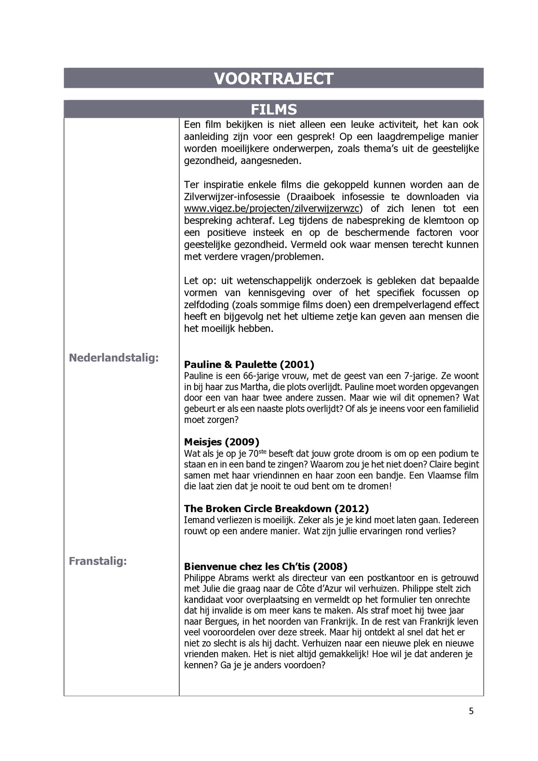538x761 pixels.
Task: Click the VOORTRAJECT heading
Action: point(273,79)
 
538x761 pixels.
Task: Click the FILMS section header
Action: point(274,110)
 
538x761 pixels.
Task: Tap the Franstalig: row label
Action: point(98,561)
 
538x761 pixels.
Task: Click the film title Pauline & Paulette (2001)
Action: point(249,364)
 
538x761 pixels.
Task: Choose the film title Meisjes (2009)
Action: point(222,441)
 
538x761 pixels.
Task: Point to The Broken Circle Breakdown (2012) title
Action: point(277,508)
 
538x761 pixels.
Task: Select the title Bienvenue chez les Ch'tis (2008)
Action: point(266,566)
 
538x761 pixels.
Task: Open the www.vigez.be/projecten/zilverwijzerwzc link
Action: point(273,209)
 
